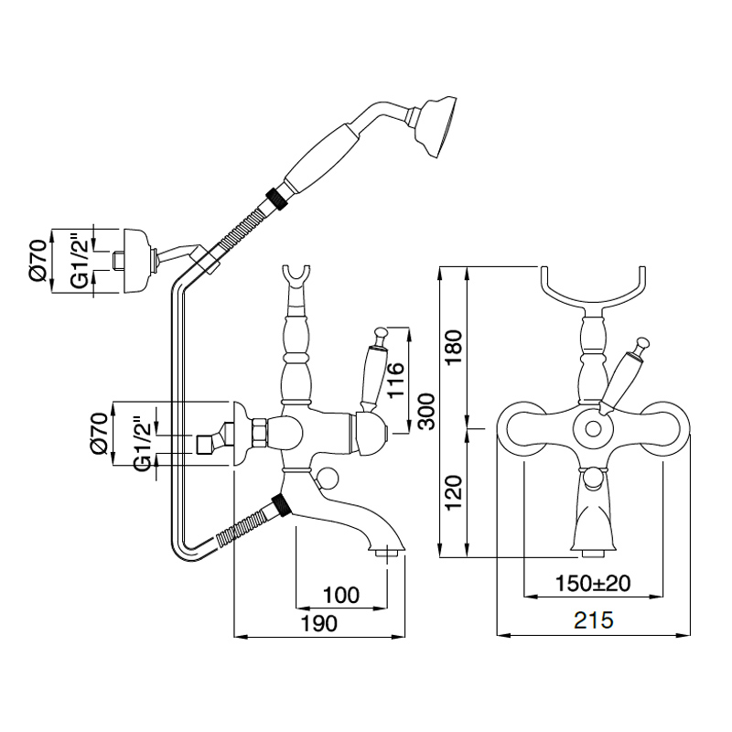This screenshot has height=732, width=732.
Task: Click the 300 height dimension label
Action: pyautogui.click(x=424, y=413)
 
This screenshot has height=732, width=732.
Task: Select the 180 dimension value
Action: pyautogui.click(x=455, y=347)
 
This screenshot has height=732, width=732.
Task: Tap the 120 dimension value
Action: pyautogui.click(x=455, y=494)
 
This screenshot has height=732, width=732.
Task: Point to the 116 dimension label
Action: pyautogui.click(x=394, y=379)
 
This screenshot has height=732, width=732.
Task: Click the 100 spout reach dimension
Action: pyautogui.click(x=340, y=596)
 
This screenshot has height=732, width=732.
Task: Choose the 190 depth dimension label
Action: pyautogui.click(x=320, y=623)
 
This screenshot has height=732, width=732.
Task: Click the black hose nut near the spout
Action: pyautogui.click(x=282, y=505)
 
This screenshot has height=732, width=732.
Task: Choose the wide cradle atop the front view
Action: pyautogui.click(x=594, y=287)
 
